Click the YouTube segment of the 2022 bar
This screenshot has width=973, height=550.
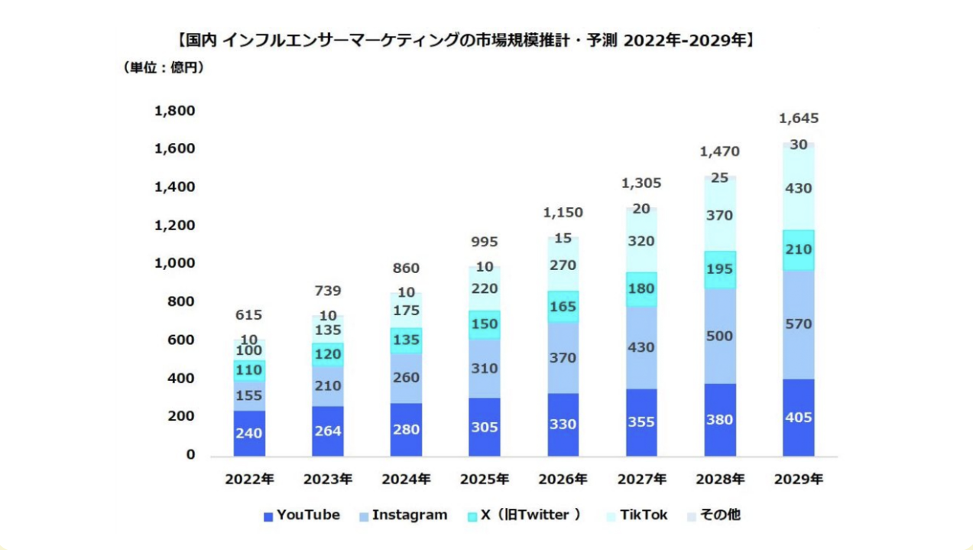[249, 433]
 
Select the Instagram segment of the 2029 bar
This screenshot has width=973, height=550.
[798, 324]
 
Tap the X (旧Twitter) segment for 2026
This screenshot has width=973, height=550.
[563, 307]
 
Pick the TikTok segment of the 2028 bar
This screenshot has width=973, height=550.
[719, 216]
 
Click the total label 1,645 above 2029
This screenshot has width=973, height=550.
[798, 119]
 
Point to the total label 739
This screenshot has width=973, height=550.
[327, 291]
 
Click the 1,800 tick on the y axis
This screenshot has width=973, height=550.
[175, 111]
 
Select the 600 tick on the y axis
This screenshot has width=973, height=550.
[181, 340]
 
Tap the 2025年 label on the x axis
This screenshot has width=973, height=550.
[485, 480]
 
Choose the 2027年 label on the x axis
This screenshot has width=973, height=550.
[641, 480]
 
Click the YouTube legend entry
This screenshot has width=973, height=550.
[301, 516]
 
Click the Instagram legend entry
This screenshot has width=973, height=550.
[403, 516]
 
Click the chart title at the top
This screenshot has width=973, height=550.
[465, 39]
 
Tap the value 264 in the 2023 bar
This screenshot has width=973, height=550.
[327, 431]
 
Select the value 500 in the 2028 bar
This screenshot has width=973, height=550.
[719, 336]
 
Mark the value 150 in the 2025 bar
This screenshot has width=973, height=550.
[485, 324]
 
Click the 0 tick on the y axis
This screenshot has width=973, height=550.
[190, 455]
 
